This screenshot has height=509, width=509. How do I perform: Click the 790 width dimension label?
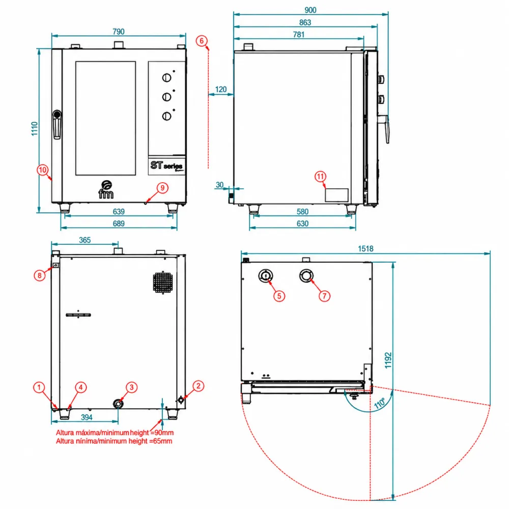coord(119,32)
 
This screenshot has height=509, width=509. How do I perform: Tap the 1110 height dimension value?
coord(35,129)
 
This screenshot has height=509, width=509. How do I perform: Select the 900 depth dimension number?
coord(310,10)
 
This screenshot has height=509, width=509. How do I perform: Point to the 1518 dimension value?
coord(365,249)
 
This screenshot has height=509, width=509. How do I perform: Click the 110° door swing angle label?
coord(380,403)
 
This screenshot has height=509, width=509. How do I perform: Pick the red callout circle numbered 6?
coord(202,41)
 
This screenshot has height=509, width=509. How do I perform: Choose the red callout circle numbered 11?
coord(320,177)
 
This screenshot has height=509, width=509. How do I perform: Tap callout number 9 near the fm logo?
coord(162,188)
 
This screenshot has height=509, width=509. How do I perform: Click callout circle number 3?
coord(131,387)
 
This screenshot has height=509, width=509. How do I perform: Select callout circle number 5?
coord(279,296)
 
